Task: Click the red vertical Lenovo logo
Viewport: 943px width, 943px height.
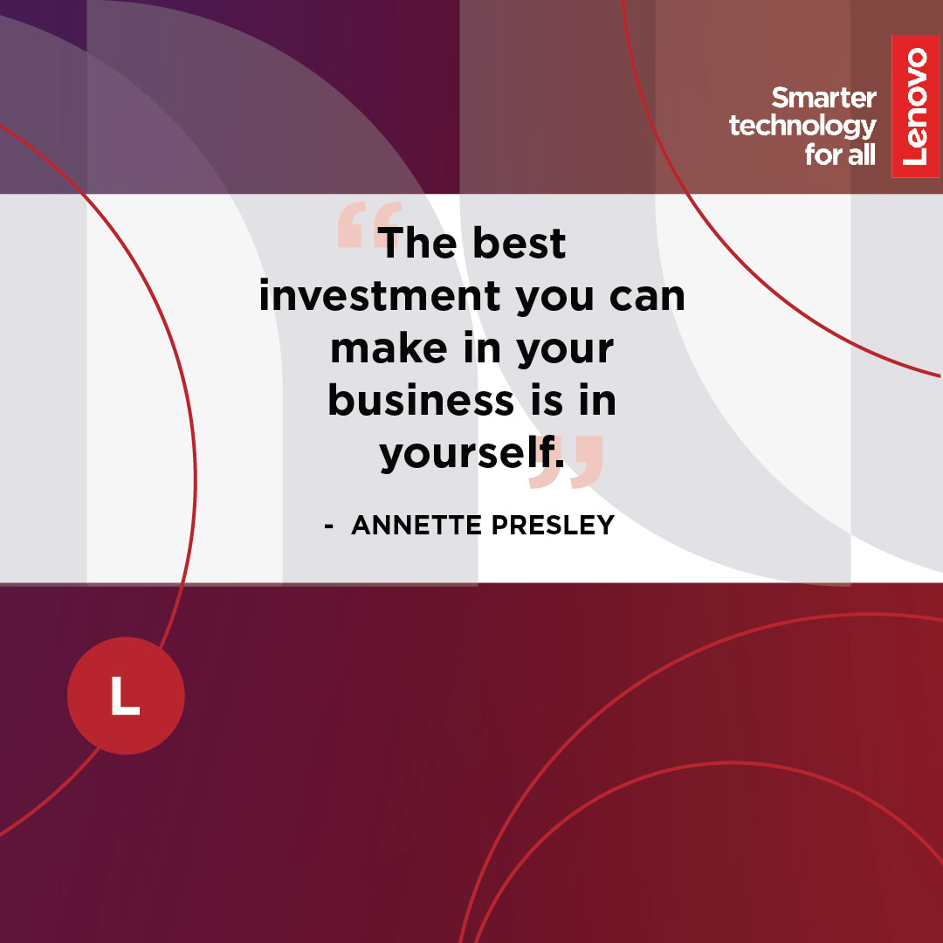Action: click(x=915, y=106)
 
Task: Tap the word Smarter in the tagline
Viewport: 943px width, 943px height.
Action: click(x=823, y=98)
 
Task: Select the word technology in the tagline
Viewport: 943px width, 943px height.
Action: click(x=802, y=127)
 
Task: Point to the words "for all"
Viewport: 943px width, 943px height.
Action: click(x=840, y=155)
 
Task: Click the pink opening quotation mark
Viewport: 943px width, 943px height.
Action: click(x=369, y=225)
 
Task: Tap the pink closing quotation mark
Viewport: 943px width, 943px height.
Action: click(x=566, y=461)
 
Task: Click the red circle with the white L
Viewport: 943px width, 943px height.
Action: click(x=126, y=695)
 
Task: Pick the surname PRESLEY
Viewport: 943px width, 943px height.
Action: click(x=554, y=525)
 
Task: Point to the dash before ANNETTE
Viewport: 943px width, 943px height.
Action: click(x=329, y=527)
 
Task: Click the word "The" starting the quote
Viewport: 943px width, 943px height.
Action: click(x=417, y=243)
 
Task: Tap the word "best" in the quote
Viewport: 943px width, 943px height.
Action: click(x=519, y=243)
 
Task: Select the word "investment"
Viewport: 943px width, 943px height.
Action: click(x=380, y=295)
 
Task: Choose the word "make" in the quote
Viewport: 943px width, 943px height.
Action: click(x=389, y=348)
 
